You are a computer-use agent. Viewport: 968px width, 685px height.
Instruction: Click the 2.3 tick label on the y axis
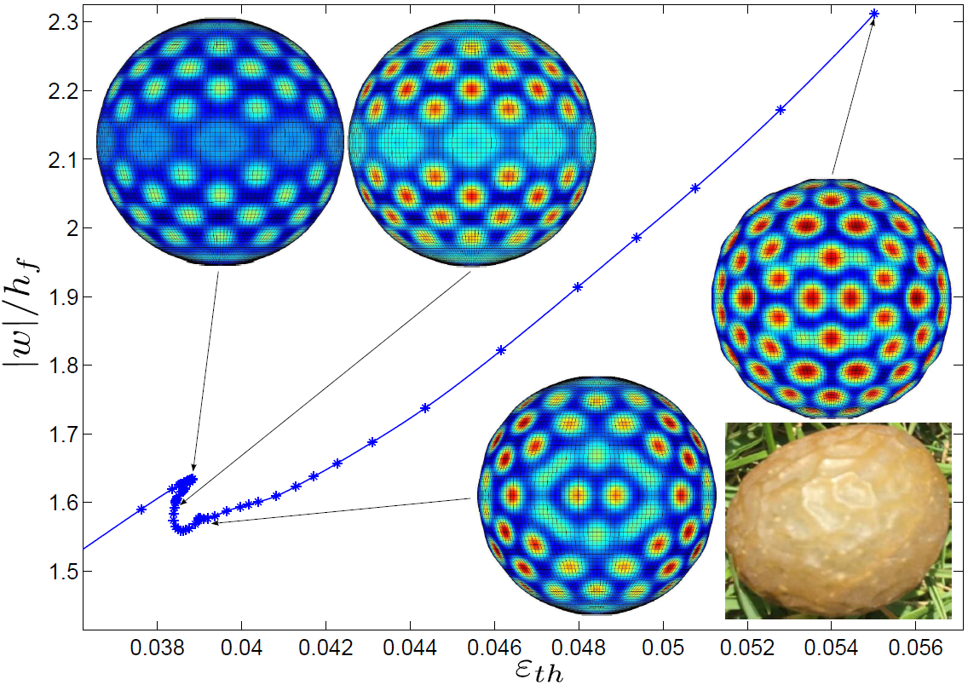54,22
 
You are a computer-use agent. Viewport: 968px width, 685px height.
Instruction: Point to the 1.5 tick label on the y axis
54,571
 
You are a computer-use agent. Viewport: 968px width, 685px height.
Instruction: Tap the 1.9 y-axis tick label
54,296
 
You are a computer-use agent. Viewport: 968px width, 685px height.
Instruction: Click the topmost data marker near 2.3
873,14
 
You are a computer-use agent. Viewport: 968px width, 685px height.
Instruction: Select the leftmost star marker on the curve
141,509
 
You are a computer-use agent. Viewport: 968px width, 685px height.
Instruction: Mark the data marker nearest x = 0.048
579,287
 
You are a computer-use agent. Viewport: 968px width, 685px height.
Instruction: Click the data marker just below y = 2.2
781,110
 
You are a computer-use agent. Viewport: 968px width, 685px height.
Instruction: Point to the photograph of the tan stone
838,520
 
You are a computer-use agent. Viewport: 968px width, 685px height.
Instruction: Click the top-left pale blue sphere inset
221,141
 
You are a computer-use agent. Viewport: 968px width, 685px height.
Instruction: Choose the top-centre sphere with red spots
472,141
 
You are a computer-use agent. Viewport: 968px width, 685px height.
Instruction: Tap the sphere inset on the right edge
832,297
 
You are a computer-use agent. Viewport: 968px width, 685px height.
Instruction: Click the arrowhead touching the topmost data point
871,24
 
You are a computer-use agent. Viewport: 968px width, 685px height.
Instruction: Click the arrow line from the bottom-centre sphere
341,510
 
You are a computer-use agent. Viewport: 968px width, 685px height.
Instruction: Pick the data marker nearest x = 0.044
425,408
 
